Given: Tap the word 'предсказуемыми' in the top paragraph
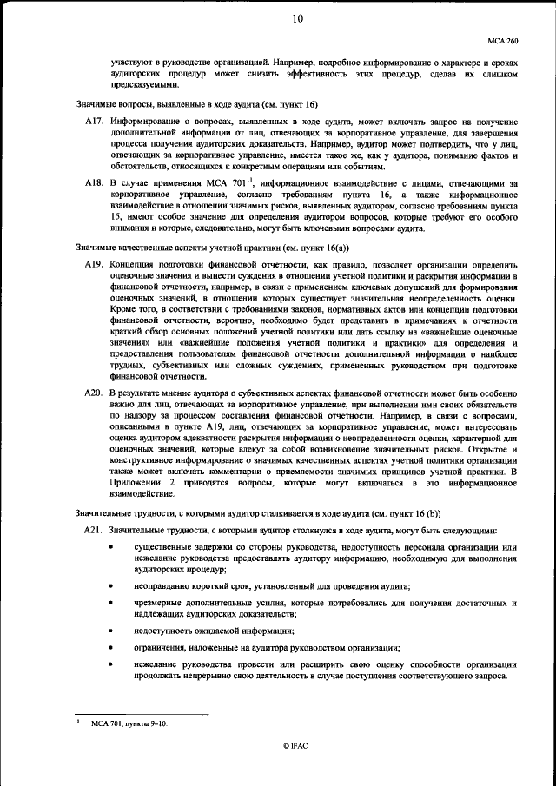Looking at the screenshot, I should coord(143,85).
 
